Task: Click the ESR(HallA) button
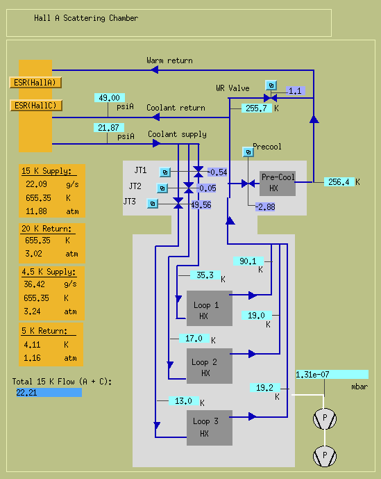(35, 83)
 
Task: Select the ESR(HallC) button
(36, 106)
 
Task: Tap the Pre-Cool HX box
(278, 184)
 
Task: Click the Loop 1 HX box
(210, 308)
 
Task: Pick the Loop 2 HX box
(210, 366)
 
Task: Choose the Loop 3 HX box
(210, 428)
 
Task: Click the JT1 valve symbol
(198, 172)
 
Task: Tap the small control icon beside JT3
(153, 204)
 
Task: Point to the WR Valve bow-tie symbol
(270, 98)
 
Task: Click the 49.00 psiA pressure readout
(110, 98)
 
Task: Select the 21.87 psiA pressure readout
(109, 128)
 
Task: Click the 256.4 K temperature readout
(339, 182)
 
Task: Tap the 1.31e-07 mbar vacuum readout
(332, 375)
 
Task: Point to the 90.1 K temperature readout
(248, 261)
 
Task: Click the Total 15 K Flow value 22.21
(49, 393)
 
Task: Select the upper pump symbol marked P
(325, 419)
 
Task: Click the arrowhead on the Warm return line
(155, 70)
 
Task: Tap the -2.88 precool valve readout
(265, 207)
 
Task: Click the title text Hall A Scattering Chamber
(86, 18)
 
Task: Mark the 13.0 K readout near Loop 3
(184, 401)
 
